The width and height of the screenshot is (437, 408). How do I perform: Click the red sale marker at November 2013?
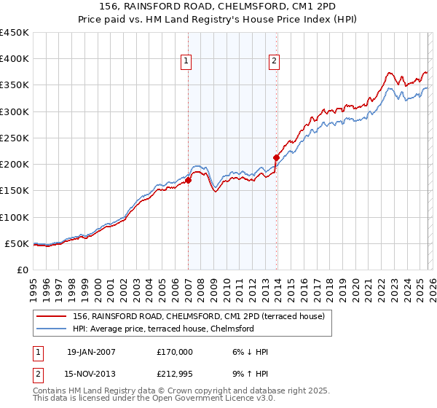tap(277, 157)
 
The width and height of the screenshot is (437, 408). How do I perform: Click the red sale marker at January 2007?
tap(188, 180)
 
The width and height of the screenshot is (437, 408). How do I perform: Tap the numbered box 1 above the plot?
tap(187, 62)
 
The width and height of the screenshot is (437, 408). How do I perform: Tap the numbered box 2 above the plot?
tap(275, 62)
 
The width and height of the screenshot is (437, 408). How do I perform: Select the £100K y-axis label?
tap(15, 217)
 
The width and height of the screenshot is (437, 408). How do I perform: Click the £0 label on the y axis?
tap(23, 270)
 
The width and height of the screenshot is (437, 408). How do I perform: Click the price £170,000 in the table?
tap(174, 352)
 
